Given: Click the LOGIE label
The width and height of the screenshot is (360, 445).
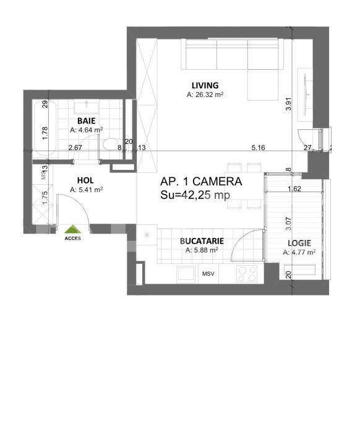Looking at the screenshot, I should [x=299, y=243].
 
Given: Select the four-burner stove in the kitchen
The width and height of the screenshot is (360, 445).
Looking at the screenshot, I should [x=247, y=273].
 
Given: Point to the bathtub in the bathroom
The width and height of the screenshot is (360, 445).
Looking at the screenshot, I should [x=42, y=128].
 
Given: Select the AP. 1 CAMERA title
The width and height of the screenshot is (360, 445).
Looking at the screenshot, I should [x=201, y=182].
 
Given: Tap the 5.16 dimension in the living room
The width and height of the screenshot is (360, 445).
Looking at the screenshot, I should [x=258, y=148].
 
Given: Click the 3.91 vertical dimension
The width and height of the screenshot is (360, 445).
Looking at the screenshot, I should [x=288, y=105].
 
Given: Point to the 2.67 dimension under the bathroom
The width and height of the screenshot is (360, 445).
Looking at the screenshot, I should [x=75, y=148].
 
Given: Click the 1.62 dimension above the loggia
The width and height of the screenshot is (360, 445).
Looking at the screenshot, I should [x=295, y=189].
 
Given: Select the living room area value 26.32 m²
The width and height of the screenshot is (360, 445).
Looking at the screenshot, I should [x=205, y=95].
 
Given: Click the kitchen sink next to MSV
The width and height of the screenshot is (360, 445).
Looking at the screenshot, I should [x=186, y=273].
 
